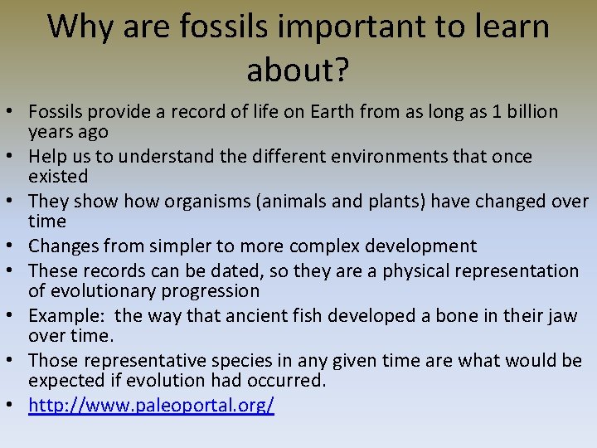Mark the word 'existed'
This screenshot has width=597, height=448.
58,176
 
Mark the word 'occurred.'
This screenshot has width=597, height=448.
283,381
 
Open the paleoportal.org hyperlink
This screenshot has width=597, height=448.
151,406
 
